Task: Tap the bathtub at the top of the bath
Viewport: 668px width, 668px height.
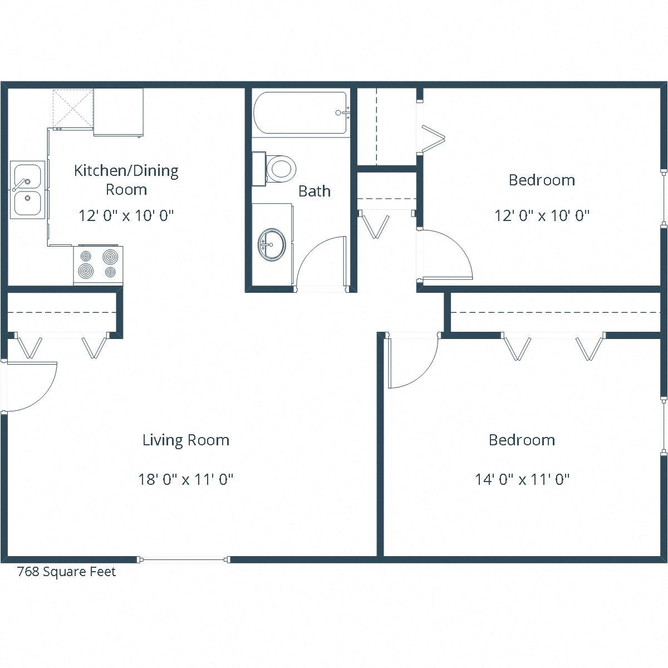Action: tap(301, 112)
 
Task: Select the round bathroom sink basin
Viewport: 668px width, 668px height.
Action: tap(272, 244)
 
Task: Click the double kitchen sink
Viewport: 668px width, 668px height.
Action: tap(27, 189)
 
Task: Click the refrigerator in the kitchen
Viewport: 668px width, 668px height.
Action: tap(118, 112)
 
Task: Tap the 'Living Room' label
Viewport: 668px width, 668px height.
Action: tap(185, 440)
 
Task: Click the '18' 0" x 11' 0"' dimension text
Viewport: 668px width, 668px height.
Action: tap(185, 479)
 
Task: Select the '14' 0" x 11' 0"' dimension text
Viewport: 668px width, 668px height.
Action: tap(522, 479)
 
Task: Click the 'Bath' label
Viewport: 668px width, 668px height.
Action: tap(315, 191)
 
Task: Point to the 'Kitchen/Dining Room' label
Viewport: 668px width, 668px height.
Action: tap(126, 179)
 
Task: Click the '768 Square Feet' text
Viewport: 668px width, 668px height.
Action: tap(66, 572)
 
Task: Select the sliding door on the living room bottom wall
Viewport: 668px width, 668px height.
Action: tap(184, 559)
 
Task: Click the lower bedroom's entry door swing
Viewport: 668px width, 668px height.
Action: tap(412, 362)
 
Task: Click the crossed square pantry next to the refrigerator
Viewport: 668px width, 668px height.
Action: tap(72, 108)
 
